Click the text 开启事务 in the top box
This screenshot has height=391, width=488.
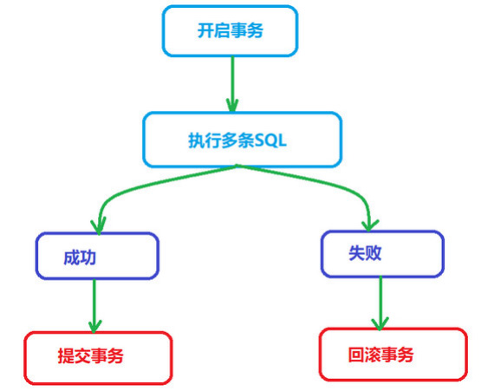click(x=231, y=30)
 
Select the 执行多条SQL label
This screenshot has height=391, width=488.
click(x=237, y=140)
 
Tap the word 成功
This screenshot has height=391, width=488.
click(x=80, y=257)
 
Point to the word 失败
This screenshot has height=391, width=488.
click(x=365, y=253)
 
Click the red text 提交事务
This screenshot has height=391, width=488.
click(x=90, y=355)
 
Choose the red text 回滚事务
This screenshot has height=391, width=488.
click(x=381, y=355)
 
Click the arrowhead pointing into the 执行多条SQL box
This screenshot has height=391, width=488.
click(x=232, y=105)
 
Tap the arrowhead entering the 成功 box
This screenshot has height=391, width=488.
click(x=98, y=225)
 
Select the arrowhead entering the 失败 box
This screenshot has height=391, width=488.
click(x=369, y=225)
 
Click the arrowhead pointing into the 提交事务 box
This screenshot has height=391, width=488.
click(x=94, y=326)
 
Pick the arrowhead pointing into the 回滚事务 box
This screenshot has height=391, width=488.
click(x=380, y=323)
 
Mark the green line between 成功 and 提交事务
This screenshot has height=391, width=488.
click(x=94, y=306)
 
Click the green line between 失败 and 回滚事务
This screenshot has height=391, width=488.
click(x=380, y=303)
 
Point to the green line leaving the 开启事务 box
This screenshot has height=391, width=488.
click(x=232, y=83)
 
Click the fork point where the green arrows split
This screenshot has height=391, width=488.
click(x=237, y=166)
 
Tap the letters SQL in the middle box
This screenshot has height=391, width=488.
click(x=270, y=140)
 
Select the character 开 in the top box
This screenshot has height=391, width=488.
click(x=205, y=30)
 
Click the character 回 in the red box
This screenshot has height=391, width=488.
click(x=356, y=355)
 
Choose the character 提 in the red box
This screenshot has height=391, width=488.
click(x=66, y=355)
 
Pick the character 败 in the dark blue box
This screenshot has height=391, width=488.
click(x=374, y=253)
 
